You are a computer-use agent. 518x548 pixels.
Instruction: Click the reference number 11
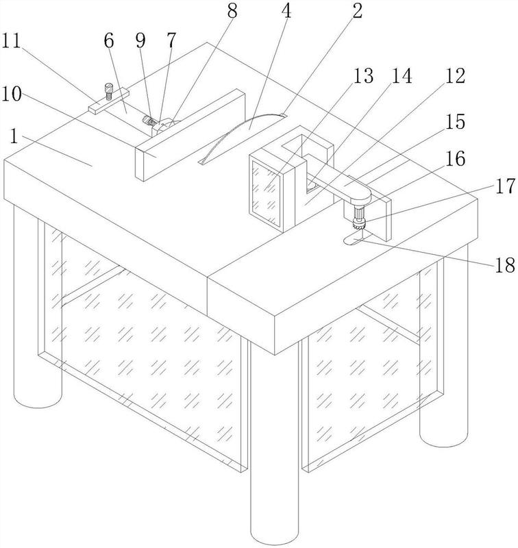pyautogui.click(x=11, y=42)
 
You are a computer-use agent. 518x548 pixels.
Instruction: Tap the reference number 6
pyautogui.click(x=109, y=42)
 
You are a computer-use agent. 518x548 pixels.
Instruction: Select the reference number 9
pyautogui.click(x=140, y=42)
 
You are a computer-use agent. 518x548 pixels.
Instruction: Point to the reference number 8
pyautogui.click(x=232, y=11)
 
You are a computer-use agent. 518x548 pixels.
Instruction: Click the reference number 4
pyautogui.click(x=286, y=11)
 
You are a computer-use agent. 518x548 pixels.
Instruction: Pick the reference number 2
pyautogui.click(x=357, y=11)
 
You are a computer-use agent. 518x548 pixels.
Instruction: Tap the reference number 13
pyautogui.click(x=364, y=75)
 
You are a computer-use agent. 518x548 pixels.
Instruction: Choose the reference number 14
pyautogui.click(x=402, y=75)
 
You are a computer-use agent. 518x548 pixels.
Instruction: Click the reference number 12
pyautogui.click(x=456, y=75)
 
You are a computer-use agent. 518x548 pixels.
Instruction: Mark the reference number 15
pyautogui.click(x=456, y=121)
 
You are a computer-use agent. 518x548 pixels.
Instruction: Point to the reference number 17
pyautogui.click(x=505, y=186)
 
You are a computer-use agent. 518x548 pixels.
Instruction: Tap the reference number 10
pyautogui.click(x=12, y=94)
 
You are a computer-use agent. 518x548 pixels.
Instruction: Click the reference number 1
pyautogui.click(x=14, y=136)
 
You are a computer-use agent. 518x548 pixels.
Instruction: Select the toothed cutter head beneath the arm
pyautogui.click(x=358, y=223)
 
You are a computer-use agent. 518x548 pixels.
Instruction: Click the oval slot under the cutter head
pyautogui.click(x=354, y=240)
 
